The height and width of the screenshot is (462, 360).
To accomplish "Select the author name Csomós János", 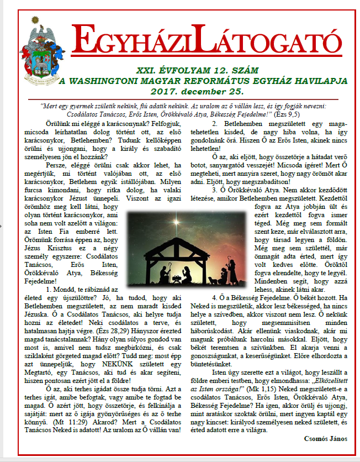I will (x=325, y=439).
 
